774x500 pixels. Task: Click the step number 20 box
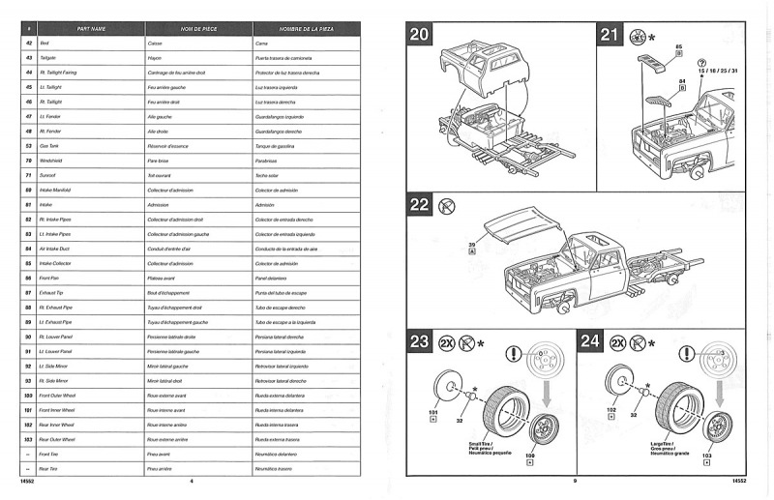coord(420,36)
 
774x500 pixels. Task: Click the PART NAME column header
coord(91,29)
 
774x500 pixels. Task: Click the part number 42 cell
coord(29,44)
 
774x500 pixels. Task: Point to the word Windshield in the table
coord(52,161)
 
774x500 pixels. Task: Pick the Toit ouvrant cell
coord(162,177)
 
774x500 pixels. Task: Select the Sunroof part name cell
coord(49,177)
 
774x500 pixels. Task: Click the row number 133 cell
coord(29,439)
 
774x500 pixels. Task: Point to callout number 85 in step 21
coord(679,46)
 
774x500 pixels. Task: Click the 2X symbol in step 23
coord(448,342)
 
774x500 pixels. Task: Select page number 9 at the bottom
coord(575,481)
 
